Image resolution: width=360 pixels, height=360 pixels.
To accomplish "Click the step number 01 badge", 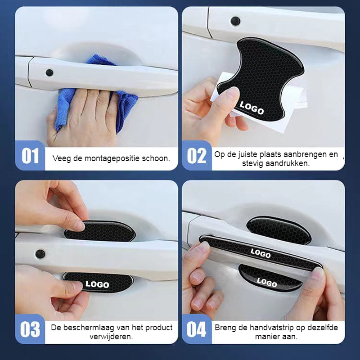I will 30,156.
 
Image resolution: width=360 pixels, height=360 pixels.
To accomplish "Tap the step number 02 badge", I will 196,156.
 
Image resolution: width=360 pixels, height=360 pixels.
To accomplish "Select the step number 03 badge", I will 30,329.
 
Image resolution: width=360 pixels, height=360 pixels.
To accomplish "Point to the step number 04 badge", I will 196,329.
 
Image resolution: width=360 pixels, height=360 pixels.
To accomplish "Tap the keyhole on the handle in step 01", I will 49,72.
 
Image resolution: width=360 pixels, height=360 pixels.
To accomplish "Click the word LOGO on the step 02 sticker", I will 252,108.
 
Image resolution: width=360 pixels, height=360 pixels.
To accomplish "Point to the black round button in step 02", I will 235,21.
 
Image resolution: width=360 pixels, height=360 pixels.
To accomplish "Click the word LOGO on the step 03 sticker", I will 97,284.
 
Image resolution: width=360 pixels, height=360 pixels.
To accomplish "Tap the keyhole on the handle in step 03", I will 40,254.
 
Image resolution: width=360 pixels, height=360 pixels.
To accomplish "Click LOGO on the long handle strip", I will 261,253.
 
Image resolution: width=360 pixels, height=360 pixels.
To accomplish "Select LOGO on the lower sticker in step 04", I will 266,283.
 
